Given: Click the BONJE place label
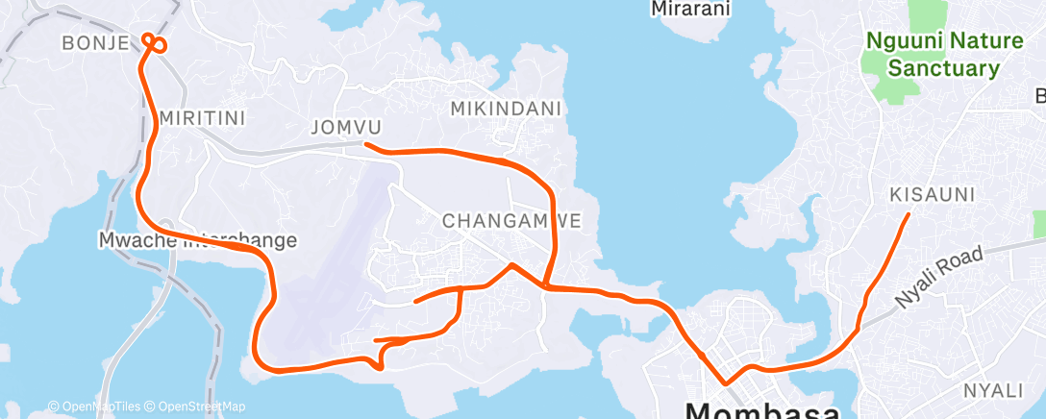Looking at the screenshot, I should [95, 42].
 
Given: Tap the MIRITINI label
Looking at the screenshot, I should [203, 117].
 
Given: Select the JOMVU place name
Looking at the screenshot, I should [347, 127].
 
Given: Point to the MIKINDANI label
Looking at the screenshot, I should [506, 109].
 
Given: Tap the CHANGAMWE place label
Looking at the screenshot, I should [511, 220].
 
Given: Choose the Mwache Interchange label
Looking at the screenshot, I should [198, 239].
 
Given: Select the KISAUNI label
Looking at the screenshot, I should [933, 195].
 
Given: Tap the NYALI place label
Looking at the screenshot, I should [994, 390].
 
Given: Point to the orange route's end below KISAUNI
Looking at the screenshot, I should [909, 214].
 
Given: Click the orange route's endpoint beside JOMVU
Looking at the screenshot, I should [366, 144].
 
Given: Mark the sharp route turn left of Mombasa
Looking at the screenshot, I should [726, 386].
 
